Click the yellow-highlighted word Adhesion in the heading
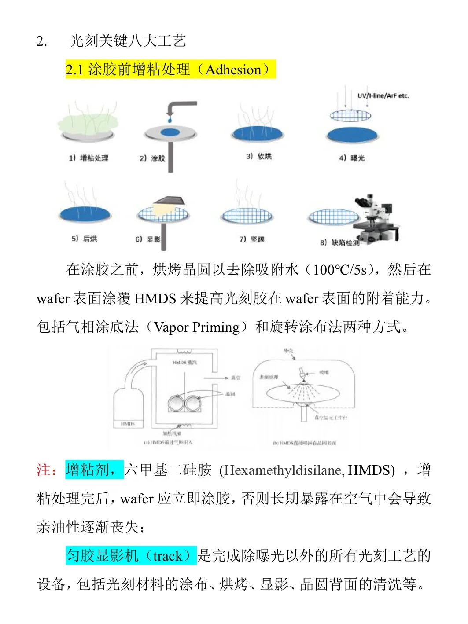coord(233,70)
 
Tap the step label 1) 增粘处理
coord(88,158)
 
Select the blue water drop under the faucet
coord(170,119)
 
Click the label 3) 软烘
coord(258,156)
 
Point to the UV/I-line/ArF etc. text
coord(383,95)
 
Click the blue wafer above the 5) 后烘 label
coord(85,214)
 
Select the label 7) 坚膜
coord(252,239)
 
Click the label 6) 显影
coord(148,239)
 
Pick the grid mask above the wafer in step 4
coord(350,116)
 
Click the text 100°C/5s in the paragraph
coord(339,270)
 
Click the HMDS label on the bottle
coord(128,424)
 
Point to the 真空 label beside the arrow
coord(236,378)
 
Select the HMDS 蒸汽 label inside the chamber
coord(184,362)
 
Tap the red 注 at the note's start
coord(43,470)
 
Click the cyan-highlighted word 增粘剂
coord(88,470)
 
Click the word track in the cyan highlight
coord(167,556)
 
